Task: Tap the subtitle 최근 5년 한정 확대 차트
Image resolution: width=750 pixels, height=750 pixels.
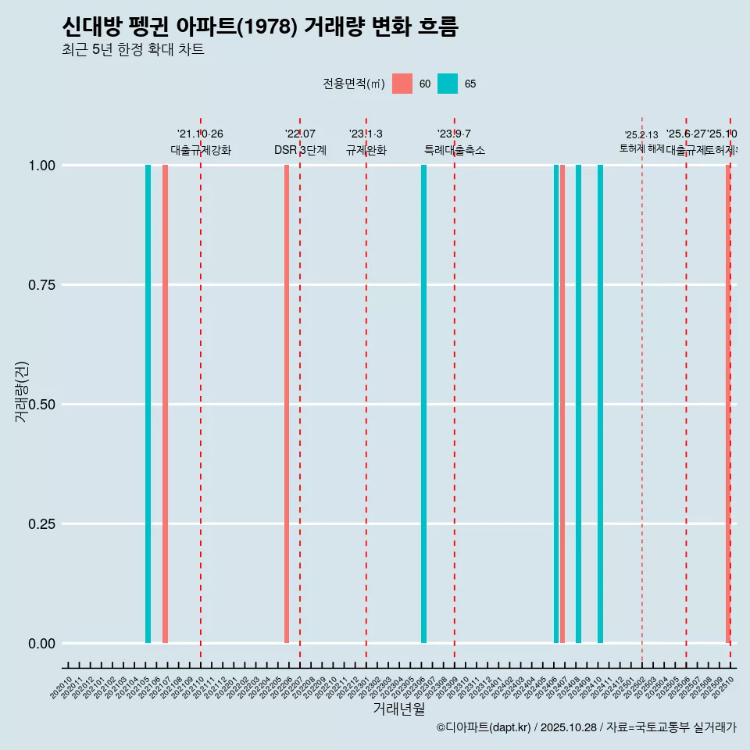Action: (x=133, y=51)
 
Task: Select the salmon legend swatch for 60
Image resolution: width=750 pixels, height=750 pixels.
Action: (x=402, y=84)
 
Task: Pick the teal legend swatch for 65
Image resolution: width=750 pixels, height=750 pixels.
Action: (x=448, y=84)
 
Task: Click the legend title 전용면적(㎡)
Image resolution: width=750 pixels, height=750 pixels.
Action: (x=353, y=84)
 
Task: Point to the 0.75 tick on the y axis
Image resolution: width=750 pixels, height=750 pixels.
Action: (x=40, y=285)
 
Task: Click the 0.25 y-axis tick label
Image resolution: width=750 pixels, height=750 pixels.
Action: (x=40, y=524)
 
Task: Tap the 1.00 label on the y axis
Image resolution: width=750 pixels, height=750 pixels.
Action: (x=40, y=166)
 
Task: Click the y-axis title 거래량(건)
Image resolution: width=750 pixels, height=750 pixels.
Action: (x=21, y=391)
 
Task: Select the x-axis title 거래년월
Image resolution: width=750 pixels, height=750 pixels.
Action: (x=399, y=709)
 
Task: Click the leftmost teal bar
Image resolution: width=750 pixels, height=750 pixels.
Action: (x=148, y=404)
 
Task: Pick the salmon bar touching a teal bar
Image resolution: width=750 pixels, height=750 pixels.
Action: (x=562, y=404)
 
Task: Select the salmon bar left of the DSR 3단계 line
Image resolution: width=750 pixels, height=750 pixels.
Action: (x=287, y=404)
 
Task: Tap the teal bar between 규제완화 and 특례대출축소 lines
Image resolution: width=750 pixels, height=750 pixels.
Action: (x=423, y=404)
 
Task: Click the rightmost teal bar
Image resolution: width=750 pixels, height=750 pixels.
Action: (x=600, y=404)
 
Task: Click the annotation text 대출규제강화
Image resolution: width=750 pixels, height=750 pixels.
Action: (x=201, y=150)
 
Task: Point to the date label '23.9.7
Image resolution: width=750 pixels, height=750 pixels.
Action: (x=454, y=134)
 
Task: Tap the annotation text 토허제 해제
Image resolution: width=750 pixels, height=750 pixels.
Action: (x=641, y=148)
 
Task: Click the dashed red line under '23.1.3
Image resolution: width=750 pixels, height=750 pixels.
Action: (x=366, y=391)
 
